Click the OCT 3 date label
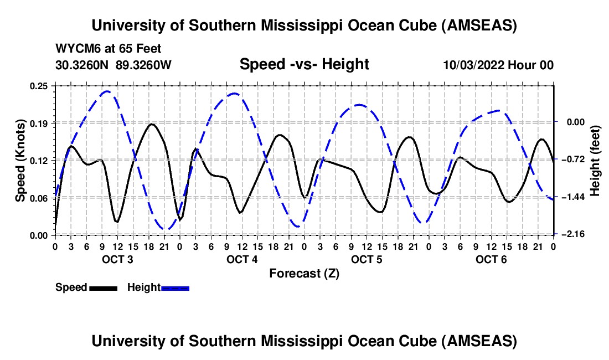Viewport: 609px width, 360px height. [117, 260]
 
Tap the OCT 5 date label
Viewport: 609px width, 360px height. [367, 260]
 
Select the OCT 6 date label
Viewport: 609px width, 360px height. [491, 260]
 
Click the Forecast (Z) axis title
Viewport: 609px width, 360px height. [304, 273]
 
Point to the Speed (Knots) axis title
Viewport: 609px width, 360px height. [20, 160]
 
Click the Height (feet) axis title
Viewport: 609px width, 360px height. [596, 160]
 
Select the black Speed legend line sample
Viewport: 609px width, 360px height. [103, 287]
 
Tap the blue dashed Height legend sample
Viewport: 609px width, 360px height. [175, 287]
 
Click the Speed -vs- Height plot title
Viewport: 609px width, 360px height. [304, 64]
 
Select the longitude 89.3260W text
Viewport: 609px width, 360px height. [144, 65]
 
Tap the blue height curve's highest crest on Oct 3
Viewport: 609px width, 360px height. [107, 91]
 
